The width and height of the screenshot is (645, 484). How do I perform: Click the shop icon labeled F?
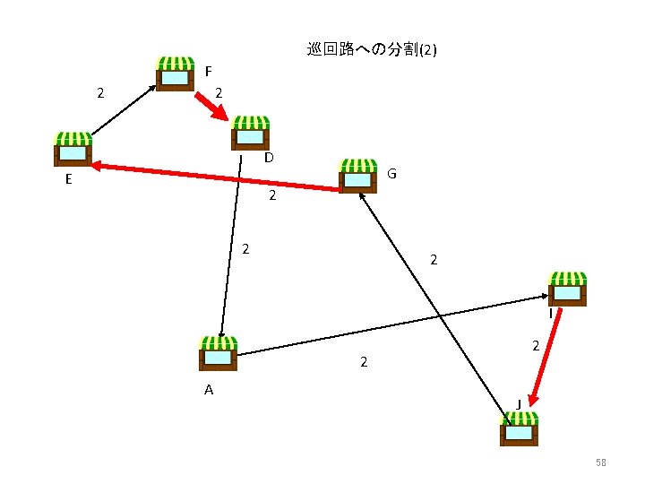(175, 74)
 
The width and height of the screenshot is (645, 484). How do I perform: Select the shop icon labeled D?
(251, 133)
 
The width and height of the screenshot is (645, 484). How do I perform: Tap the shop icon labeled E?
(73, 149)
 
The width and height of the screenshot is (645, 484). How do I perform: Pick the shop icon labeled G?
(358, 176)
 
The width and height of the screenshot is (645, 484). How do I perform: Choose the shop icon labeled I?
(568, 289)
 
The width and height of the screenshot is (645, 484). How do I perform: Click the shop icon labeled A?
(218, 352)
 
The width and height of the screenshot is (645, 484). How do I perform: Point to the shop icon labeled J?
(520, 428)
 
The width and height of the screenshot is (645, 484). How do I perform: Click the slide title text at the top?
(372, 50)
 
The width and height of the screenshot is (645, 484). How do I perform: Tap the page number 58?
(601, 462)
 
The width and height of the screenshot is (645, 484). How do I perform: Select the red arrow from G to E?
(215, 177)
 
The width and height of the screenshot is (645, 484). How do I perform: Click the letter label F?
(208, 71)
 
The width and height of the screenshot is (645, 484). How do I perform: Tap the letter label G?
(392, 173)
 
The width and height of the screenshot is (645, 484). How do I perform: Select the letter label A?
(209, 390)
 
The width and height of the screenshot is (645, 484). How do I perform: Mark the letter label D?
(269, 159)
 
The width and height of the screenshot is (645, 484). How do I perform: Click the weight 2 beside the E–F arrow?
(101, 92)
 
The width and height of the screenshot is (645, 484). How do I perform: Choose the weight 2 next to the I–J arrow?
(535, 345)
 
